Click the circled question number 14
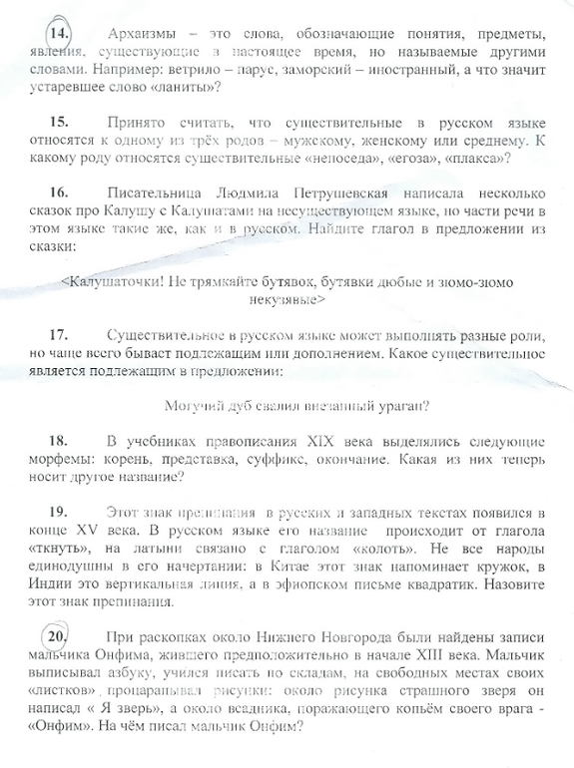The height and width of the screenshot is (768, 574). coord(61,33)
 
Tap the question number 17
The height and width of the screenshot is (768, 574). coord(59,329)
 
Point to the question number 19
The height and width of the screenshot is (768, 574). coord(59,512)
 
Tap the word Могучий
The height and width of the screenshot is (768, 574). coord(194,404)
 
